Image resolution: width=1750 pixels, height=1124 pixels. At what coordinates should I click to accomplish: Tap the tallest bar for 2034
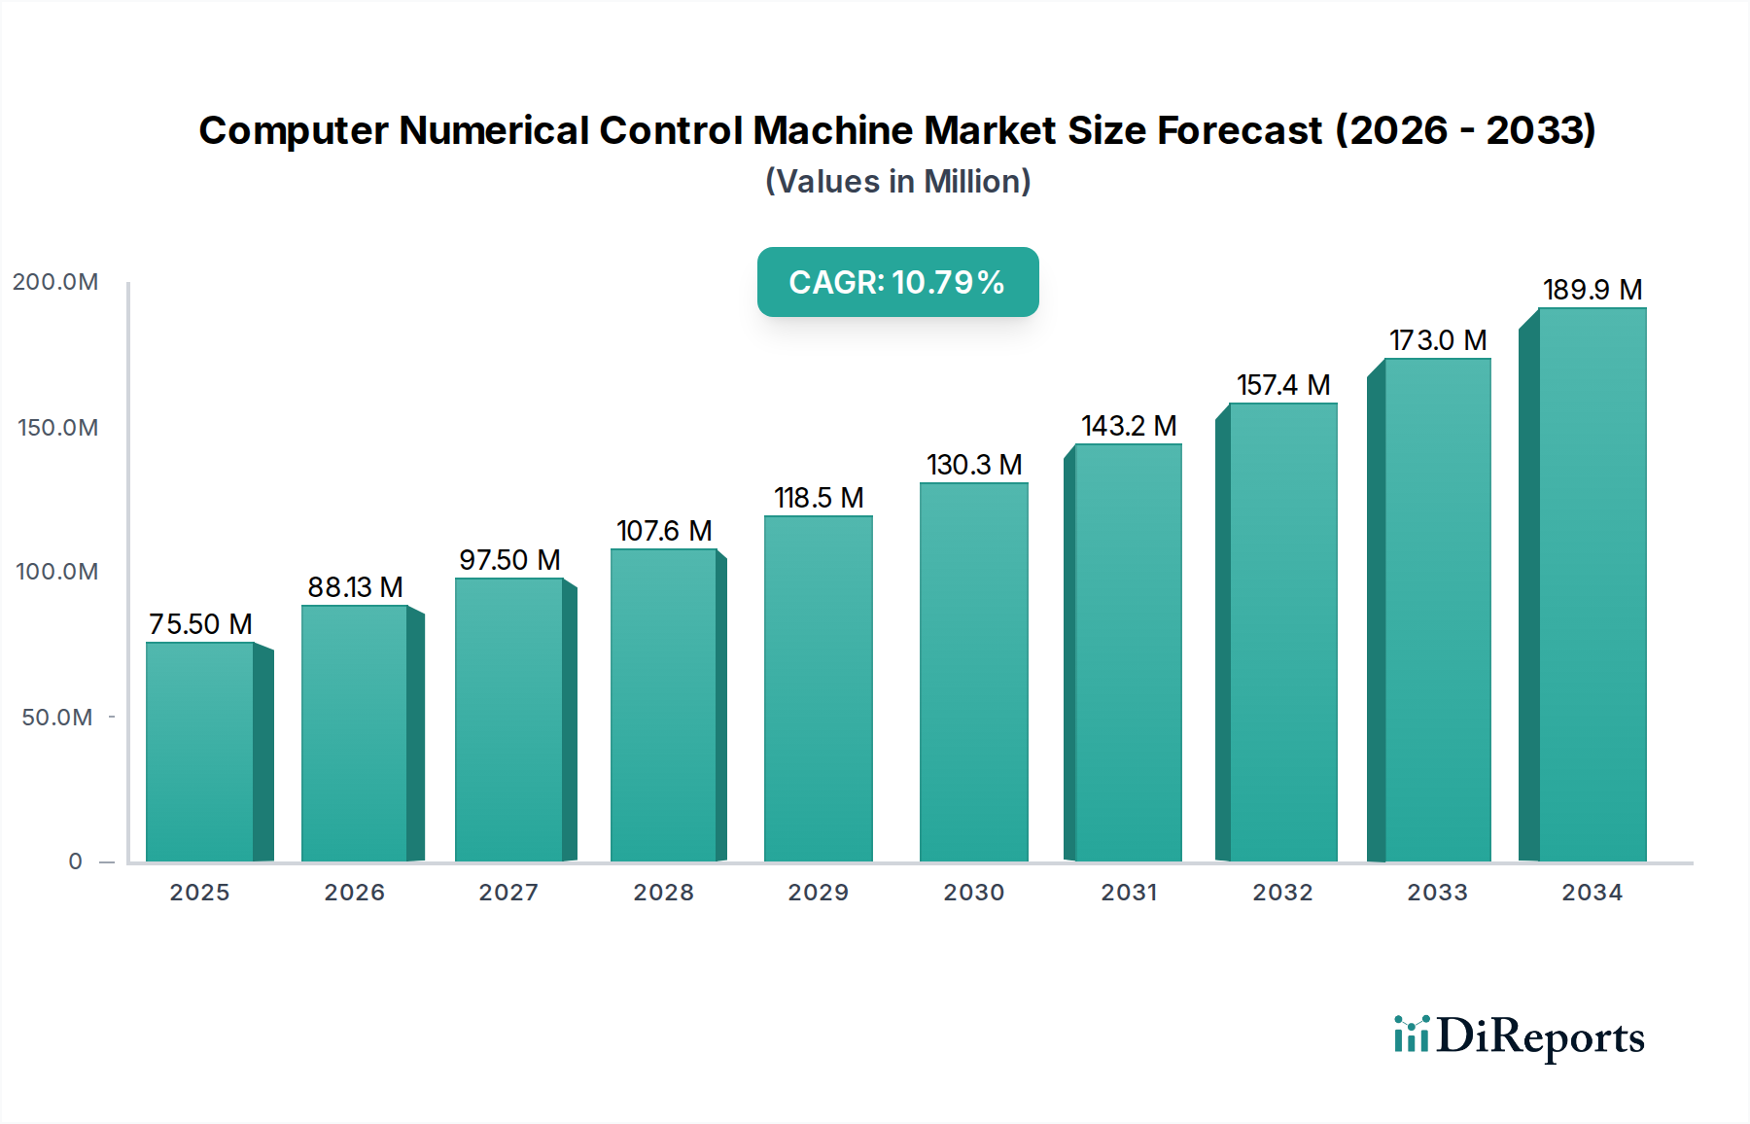[x=1592, y=584]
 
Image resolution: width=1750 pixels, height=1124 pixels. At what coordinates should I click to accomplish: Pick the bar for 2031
[x=1128, y=652]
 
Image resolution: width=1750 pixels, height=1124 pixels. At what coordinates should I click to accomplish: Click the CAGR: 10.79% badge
[x=897, y=282]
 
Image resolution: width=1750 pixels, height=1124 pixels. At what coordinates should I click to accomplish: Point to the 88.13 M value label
[x=355, y=587]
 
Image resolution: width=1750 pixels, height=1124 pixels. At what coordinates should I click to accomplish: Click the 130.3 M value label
[x=974, y=465]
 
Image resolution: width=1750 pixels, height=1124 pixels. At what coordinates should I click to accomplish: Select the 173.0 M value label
[x=1438, y=340]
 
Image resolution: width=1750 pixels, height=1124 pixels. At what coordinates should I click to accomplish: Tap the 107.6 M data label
[x=664, y=531]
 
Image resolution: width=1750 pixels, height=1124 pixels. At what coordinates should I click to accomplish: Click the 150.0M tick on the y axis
[x=57, y=428]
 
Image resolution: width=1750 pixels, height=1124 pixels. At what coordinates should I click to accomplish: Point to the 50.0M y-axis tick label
[x=57, y=718]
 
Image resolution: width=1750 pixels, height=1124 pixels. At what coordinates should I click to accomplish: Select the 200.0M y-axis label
[x=55, y=282]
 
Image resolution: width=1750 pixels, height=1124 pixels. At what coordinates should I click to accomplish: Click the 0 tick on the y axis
[x=76, y=861]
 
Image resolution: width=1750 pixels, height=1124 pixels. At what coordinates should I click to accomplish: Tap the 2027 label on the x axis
[x=508, y=893]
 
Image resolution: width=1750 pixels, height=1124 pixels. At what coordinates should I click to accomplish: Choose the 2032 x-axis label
[x=1282, y=893]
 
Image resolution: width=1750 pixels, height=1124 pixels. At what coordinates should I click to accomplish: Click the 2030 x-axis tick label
[x=973, y=893]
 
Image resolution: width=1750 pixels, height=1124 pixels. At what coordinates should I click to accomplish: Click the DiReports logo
[x=1519, y=1036]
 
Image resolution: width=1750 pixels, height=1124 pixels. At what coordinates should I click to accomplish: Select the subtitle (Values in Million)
[x=897, y=182]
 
